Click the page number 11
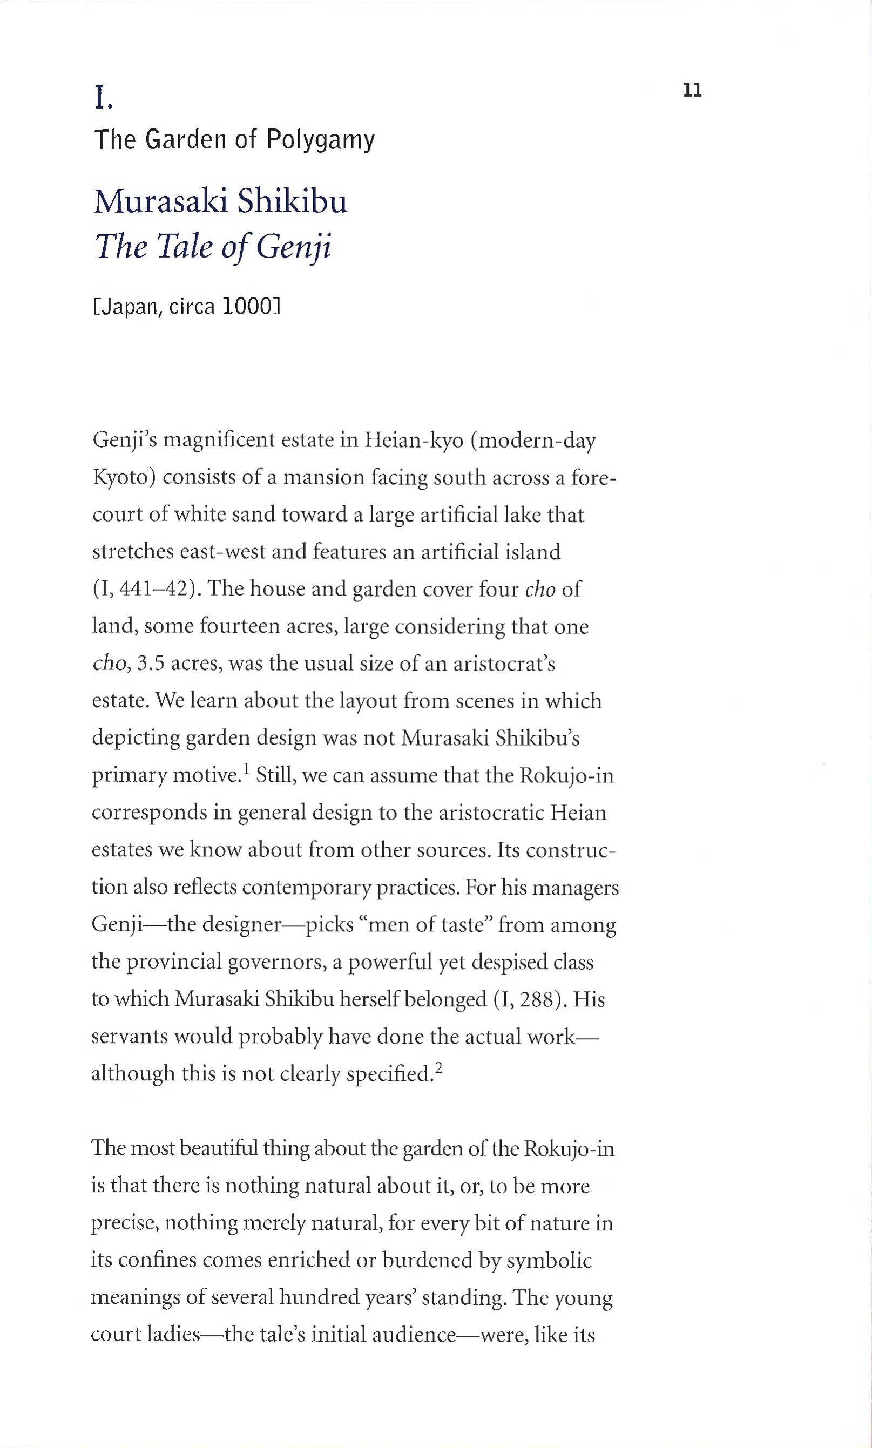tap(692, 91)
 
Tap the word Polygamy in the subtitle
tap(320, 140)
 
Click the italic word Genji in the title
tap(294, 246)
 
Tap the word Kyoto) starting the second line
tap(124, 478)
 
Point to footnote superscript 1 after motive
tap(246, 768)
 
